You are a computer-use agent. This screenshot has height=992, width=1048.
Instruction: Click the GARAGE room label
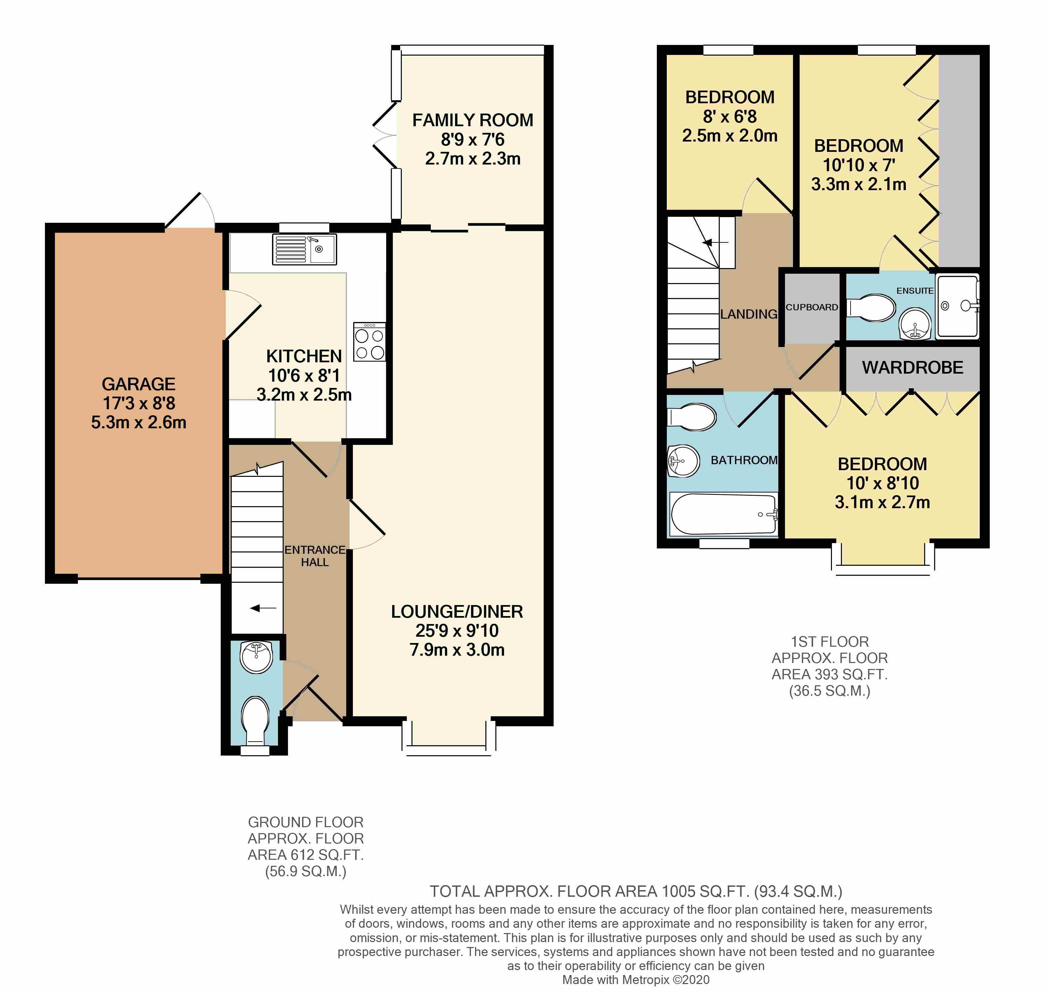click(138, 384)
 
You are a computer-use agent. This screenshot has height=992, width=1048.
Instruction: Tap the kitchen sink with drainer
click(304, 249)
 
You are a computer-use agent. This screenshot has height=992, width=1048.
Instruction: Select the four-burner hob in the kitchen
click(370, 342)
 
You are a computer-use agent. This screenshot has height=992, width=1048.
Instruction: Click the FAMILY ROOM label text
click(473, 120)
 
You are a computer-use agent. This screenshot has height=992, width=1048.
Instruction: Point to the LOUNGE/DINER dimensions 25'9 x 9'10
click(457, 630)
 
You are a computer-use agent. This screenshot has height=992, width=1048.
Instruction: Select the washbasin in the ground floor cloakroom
click(256, 657)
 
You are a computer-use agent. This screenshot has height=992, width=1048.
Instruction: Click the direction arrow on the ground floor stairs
click(263, 608)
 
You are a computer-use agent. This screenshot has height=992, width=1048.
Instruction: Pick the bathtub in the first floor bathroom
click(723, 514)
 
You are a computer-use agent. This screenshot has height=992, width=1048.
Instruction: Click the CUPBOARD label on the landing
click(812, 307)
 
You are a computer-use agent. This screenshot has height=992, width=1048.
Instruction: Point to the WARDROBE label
click(913, 368)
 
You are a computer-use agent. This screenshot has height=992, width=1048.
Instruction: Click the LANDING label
click(749, 314)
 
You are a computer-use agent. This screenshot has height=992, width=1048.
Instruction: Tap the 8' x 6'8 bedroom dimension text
click(730, 116)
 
